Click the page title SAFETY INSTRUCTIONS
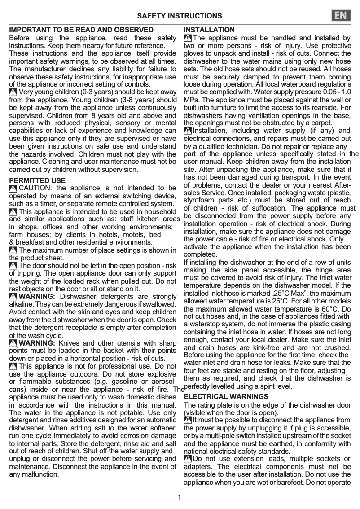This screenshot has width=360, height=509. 179,16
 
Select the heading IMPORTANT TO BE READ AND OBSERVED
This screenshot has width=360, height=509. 81,30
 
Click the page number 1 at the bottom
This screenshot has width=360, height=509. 179,497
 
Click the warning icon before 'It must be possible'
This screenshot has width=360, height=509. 188,420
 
